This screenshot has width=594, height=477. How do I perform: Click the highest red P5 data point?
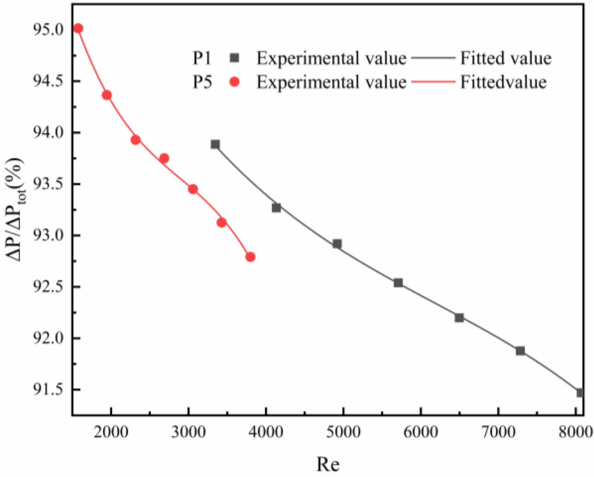click(x=78, y=28)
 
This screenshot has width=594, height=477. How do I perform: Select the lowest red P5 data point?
click(x=250, y=257)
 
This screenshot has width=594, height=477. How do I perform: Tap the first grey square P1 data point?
click(x=215, y=144)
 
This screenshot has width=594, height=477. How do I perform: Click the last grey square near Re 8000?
click(x=580, y=393)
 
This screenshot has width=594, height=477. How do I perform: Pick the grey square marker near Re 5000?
click(x=337, y=244)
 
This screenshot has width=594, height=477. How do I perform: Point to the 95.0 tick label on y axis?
click(x=48, y=30)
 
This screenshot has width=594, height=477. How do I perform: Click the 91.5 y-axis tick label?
click(x=48, y=390)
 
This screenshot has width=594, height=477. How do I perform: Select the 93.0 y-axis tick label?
click(x=48, y=236)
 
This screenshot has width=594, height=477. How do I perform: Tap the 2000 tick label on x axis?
click(x=111, y=432)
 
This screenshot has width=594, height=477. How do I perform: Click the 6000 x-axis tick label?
click(x=420, y=432)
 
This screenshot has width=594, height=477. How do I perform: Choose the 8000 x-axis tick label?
click(x=575, y=432)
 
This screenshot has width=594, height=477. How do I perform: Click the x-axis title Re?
click(x=328, y=464)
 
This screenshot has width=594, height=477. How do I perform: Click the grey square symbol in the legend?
click(x=234, y=58)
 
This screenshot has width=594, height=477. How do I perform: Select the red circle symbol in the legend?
click(x=234, y=82)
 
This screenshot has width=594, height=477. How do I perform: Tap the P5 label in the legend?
click(x=202, y=82)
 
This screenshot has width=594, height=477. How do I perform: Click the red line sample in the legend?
click(x=433, y=82)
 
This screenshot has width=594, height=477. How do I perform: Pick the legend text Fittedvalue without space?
click(x=503, y=82)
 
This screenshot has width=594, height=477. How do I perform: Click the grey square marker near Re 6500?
click(x=459, y=318)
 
